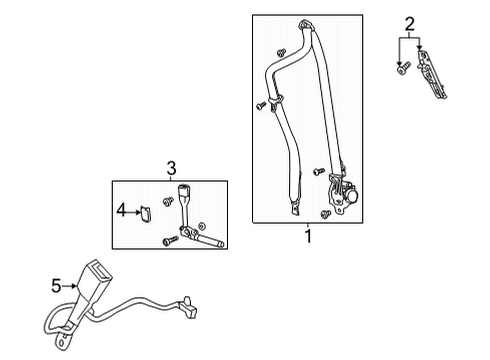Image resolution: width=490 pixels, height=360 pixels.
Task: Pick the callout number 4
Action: (x=121, y=210)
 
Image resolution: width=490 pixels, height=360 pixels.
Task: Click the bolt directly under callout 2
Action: (x=401, y=70)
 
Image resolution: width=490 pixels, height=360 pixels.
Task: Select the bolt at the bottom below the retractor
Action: (x=326, y=214)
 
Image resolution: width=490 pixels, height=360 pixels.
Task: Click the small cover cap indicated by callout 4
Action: (x=144, y=210)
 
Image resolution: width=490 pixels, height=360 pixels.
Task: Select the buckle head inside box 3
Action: (x=184, y=195)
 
